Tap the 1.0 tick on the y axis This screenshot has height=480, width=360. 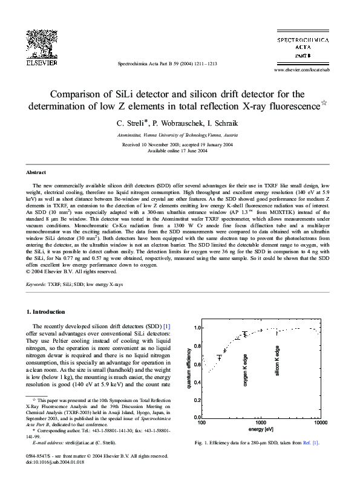point(195,328)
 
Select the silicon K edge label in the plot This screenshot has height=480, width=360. point(278,357)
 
